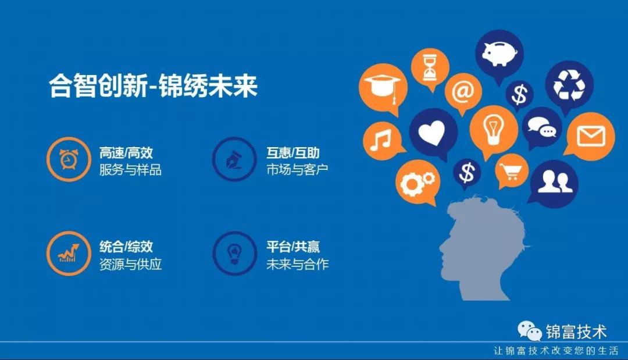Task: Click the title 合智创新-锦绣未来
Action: point(153,87)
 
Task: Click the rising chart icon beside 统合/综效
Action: point(68,252)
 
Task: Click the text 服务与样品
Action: point(130,170)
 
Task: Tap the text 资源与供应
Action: point(130,265)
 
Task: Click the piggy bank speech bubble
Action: point(499,52)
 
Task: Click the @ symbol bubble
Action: point(463,91)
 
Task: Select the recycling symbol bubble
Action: point(569,84)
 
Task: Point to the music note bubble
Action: point(384,140)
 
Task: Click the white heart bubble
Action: point(433,133)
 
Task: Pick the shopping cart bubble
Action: point(512,171)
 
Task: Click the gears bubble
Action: point(417,183)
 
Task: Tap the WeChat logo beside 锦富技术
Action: point(529,332)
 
